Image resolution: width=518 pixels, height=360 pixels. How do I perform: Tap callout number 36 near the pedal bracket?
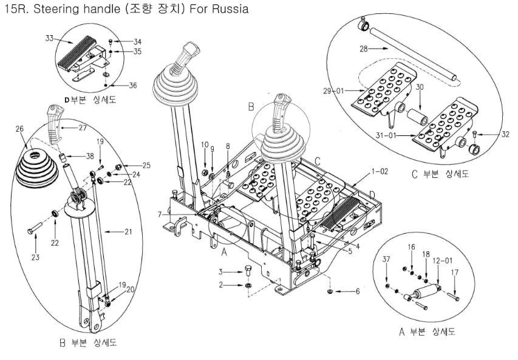pos(133,85)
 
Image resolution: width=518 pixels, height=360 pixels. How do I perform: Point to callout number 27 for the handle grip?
pos(83,128)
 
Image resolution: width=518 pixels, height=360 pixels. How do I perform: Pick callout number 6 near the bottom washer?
pos(357,291)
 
